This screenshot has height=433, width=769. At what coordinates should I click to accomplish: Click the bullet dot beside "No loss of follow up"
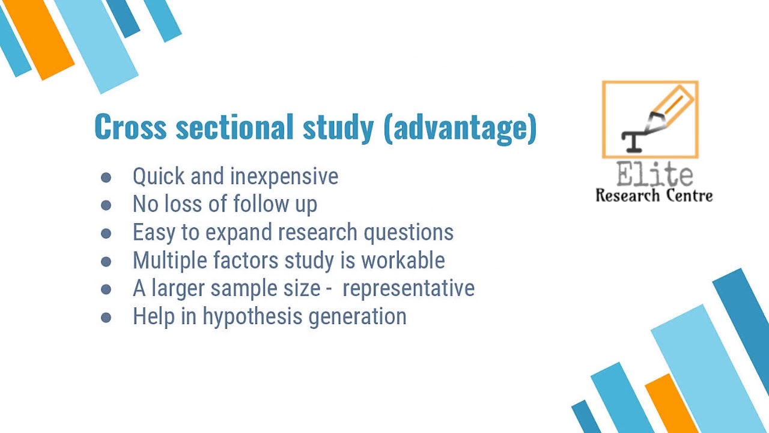click(x=106, y=205)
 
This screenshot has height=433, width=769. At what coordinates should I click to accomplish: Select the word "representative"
click(x=409, y=289)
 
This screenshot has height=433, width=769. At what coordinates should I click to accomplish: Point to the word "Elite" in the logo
click(x=654, y=175)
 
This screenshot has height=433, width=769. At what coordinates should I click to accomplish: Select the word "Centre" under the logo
click(x=686, y=195)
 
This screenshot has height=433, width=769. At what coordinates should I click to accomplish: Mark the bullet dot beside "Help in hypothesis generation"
click(x=106, y=318)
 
